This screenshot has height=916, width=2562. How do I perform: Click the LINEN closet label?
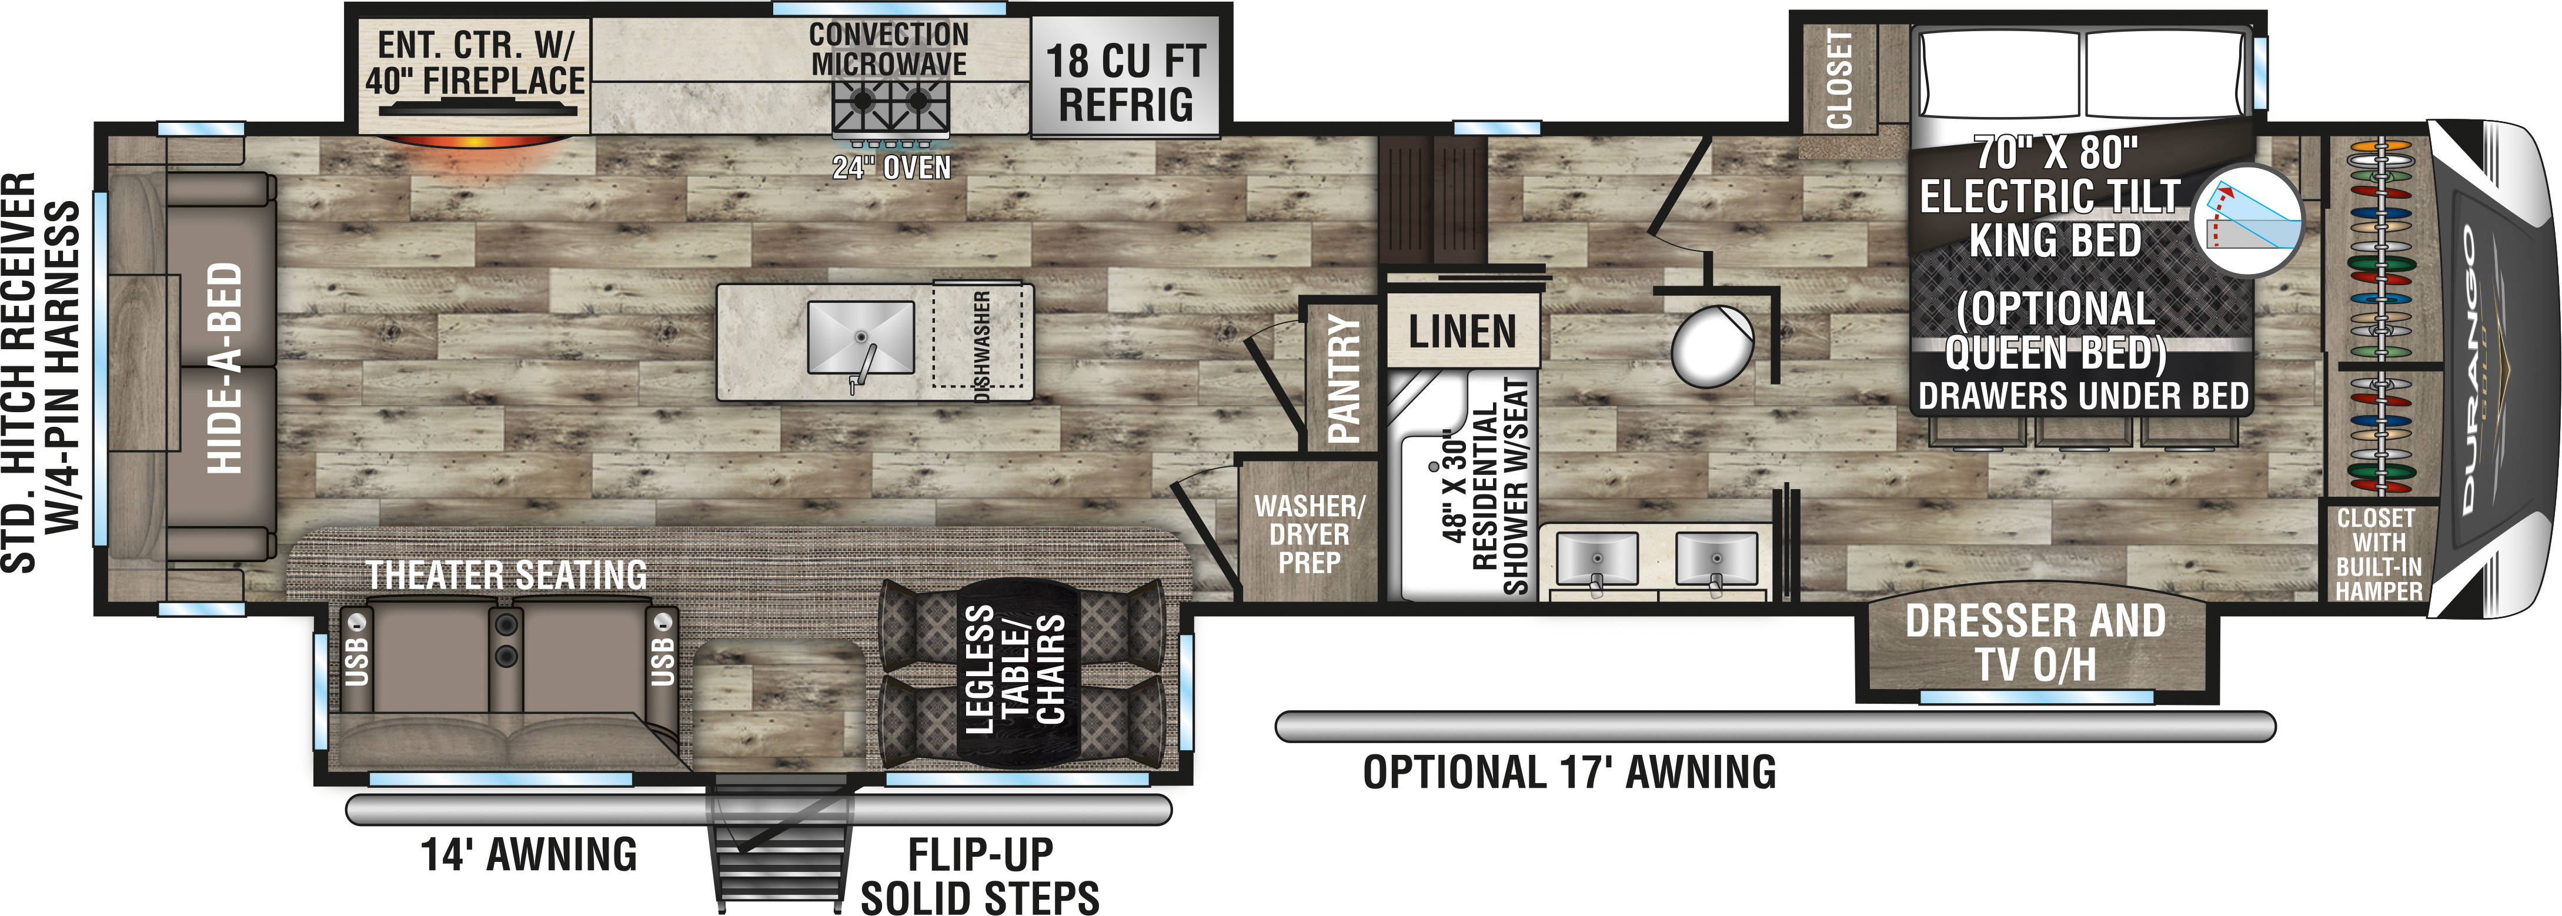click(x=1462, y=331)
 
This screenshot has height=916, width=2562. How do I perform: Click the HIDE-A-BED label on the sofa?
click(x=224, y=368)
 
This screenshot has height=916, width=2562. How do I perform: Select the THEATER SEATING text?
click(x=506, y=575)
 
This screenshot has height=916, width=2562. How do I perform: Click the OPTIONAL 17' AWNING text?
click(x=1569, y=773)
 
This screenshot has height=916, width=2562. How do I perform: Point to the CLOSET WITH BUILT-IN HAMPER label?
click(x=2378, y=554)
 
